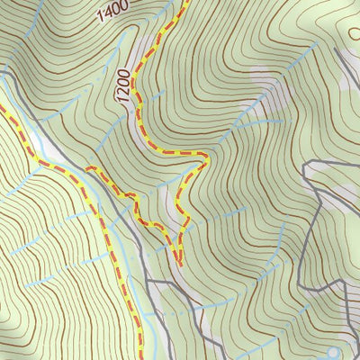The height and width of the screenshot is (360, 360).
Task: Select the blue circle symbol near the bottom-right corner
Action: tap(335, 353)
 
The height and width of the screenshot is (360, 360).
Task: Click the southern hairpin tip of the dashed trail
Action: tap(178, 265)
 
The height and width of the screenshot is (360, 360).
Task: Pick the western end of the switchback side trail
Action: tap(87, 168)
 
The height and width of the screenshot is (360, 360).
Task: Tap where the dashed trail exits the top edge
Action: tap(186, 1)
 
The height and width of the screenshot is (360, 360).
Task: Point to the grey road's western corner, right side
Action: tap(307, 166)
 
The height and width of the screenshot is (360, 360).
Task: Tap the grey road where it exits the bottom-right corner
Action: tap(346, 358)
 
